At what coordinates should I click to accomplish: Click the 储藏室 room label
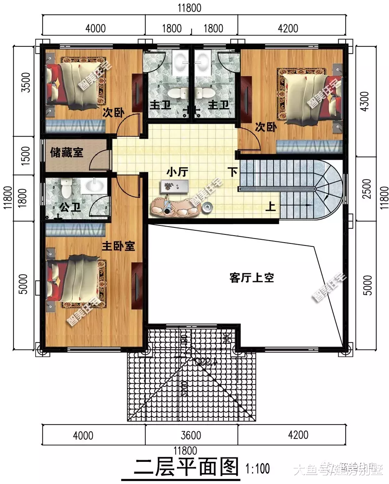67,153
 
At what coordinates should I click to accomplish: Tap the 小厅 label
177,173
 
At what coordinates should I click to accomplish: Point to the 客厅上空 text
251,278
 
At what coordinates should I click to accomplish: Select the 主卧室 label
118,246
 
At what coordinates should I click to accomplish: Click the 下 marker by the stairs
233,172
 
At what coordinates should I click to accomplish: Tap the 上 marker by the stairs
270,207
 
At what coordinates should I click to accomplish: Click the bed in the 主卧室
76,279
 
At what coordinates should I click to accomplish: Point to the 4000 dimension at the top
95,28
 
